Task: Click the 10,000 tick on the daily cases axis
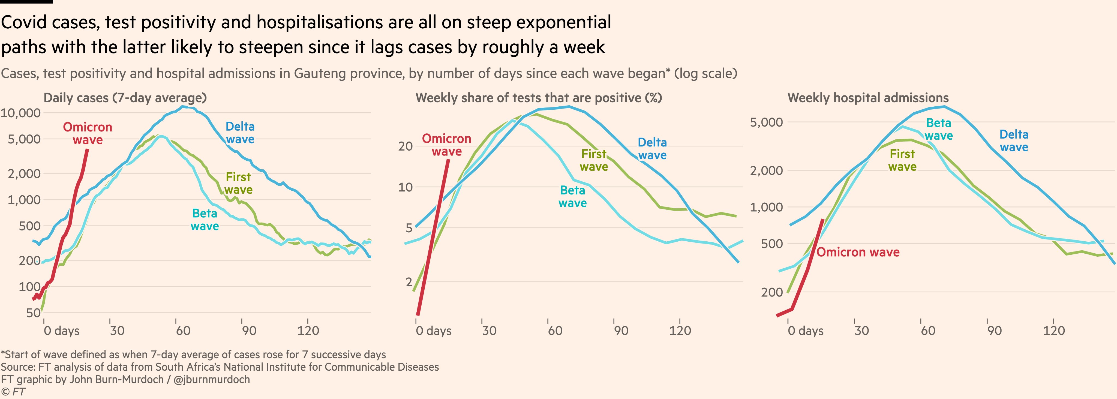tap(20, 113)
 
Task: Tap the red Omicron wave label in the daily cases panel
tap(88, 133)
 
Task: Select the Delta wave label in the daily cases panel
tap(240, 133)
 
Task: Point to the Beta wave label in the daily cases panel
tap(205, 220)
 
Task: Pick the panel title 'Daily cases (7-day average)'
tap(125, 98)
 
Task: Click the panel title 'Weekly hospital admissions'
tap(868, 98)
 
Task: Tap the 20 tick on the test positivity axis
tap(406, 146)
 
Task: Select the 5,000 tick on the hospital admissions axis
tap(767, 122)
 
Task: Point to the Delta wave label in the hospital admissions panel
tap(1014, 140)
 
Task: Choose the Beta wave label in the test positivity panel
tap(572, 196)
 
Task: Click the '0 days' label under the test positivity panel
tap(434, 331)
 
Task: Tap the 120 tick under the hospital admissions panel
tap(1054, 331)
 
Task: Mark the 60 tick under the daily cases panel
tap(183, 331)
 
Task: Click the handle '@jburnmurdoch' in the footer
tap(212, 379)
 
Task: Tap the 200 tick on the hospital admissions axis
tap(772, 292)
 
